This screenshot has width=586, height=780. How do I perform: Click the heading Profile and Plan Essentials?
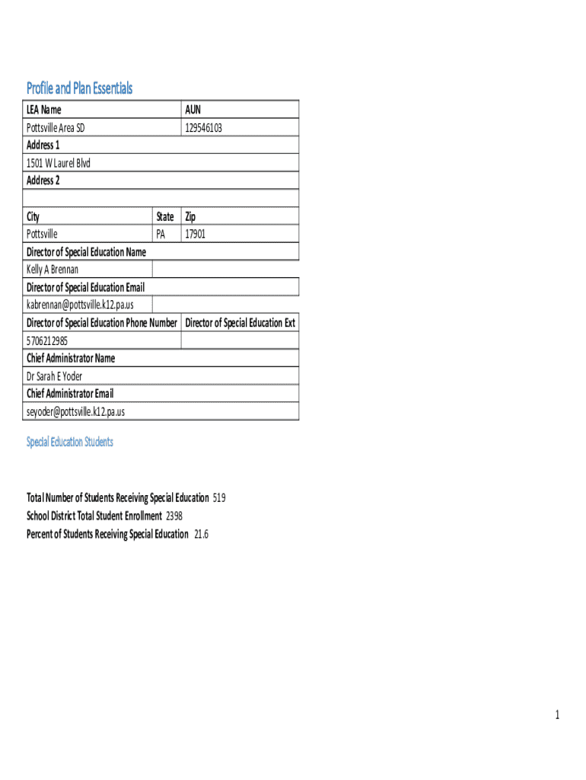click(x=79, y=88)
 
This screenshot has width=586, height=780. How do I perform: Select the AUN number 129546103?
click(x=203, y=128)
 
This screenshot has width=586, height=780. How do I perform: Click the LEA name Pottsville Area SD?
click(x=56, y=128)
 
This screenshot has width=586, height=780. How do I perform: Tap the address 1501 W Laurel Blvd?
click(x=58, y=163)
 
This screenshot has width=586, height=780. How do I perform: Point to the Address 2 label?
click(x=43, y=181)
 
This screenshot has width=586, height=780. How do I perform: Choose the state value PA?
click(x=161, y=234)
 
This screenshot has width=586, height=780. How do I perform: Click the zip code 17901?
click(x=195, y=234)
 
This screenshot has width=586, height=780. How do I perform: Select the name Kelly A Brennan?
click(x=53, y=270)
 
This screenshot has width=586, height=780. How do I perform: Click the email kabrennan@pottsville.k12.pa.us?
click(x=80, y=305)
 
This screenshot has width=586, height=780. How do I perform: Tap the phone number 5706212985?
click(x=53, y=340)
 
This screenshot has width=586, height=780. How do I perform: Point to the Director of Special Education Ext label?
click(x=240, y=323)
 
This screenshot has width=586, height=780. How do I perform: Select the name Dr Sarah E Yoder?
click(x=54, y=376)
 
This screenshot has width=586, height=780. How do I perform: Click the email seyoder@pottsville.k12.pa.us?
click(x=75, y=411)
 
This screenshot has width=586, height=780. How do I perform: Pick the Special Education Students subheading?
click(x=70, y=442)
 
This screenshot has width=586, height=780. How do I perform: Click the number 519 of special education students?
click(x=218, y=498)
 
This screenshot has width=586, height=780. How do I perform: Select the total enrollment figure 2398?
click(x=174, y=516)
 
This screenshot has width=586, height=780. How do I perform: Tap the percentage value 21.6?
click(x=201, y=534)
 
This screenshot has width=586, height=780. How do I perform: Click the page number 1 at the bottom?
click(x=557, y=714)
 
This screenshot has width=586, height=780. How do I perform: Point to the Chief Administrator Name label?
click(x=71, y=358)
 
